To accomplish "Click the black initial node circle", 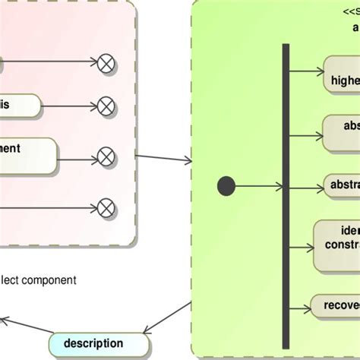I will pyautogui.click(x=226, y=186).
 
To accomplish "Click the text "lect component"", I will pyautogui.click(x=38, y=279).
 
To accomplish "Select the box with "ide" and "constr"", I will pyautogui.click(x=337, y=246).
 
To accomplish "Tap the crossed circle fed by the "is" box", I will pyautogui.click(x=106, y=106).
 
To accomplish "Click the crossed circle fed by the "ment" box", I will pyautogui.click(x=106, y=158).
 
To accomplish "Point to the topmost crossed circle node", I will pyautogui.click(x=106, y=64).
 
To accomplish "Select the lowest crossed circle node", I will pyautogui.click(x=106, y=207).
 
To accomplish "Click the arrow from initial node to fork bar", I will pyautogui.click(x=258, y=186).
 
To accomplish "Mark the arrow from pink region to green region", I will pyautogui.click(x=164, y=158).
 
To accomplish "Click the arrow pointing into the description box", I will pyautogui.click(x=167, y=317).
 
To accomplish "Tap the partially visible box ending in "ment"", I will pyautogui.click(x=27, y=156).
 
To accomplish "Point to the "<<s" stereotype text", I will pyautogui.click(x=350, y=11).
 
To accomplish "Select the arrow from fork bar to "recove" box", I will pyautogui.click(x=300, y=306).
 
